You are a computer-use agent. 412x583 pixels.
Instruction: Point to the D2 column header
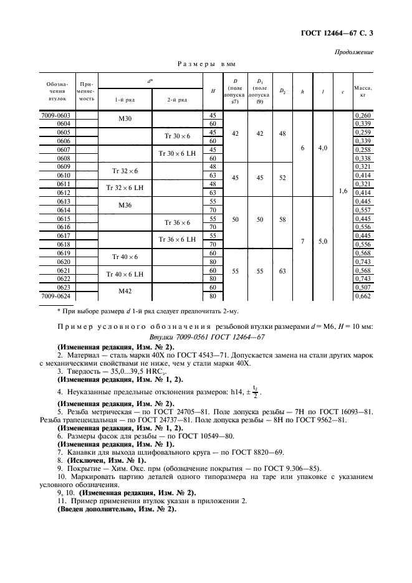[282, 91]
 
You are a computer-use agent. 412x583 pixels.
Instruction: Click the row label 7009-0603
[56, 115]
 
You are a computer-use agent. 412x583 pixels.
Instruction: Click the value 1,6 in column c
[342, 192]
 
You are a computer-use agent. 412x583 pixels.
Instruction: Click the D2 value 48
[282, 133]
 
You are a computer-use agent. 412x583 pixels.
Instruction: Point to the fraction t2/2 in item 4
[253, 392]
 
